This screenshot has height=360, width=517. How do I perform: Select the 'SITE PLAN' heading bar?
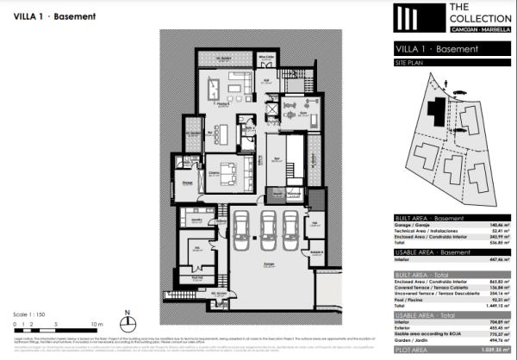coord(409,65)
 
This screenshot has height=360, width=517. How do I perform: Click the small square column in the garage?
coord(256,240)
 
